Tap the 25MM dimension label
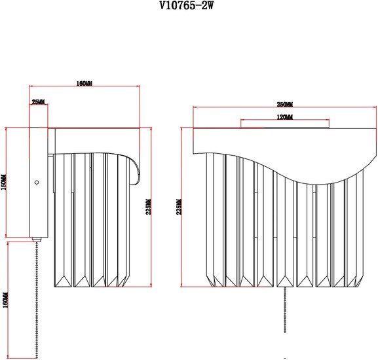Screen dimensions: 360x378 pos(38,102)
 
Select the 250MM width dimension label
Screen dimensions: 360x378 pos(284,105)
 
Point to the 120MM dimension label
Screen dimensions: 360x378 pos(284,117)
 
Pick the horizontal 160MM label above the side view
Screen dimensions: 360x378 pos(84,84)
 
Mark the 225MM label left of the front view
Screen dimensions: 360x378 pos(180,207)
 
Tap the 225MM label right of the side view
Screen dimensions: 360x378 pos(149,207)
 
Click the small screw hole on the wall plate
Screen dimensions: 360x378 pos(37,182)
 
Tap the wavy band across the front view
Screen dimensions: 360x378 pos(282,164)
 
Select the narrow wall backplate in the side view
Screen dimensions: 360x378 pos(39,183)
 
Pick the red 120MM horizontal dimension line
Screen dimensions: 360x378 pos(284,120)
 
